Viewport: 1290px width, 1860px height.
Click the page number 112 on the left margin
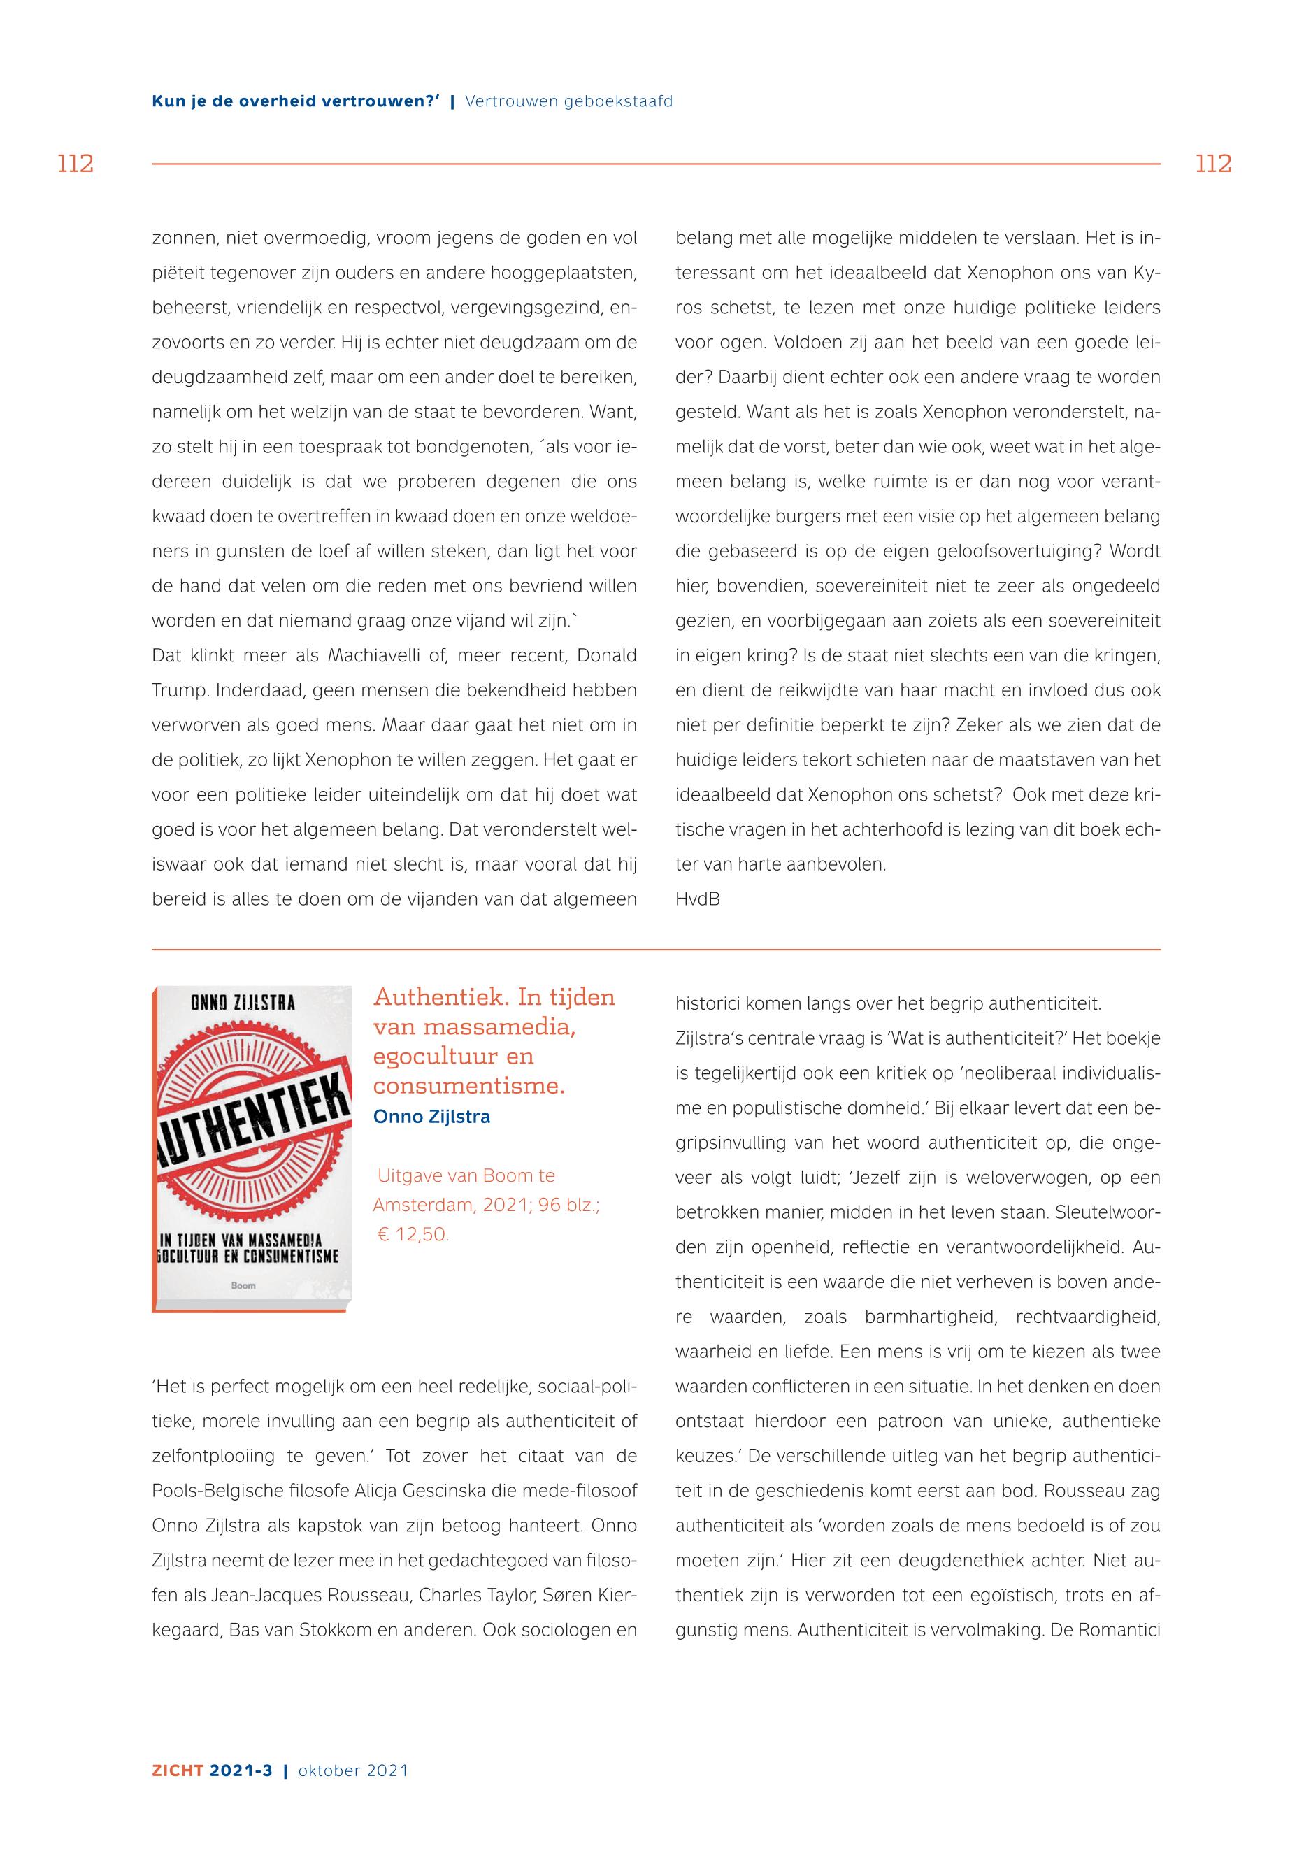tap(76, 164)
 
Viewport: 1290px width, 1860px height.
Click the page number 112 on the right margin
tap(1212, 164)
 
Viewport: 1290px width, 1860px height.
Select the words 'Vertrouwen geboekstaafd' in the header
tap(568, 102)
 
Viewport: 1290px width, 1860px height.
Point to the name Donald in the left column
tap(606, 656)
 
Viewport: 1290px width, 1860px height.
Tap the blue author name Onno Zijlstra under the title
tap(431, 1116)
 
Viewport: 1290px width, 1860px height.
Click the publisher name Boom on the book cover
tap(243, 1285)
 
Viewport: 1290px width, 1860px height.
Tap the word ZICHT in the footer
tap(177, 1770)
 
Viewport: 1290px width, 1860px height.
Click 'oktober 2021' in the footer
tap(353, 1770)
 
